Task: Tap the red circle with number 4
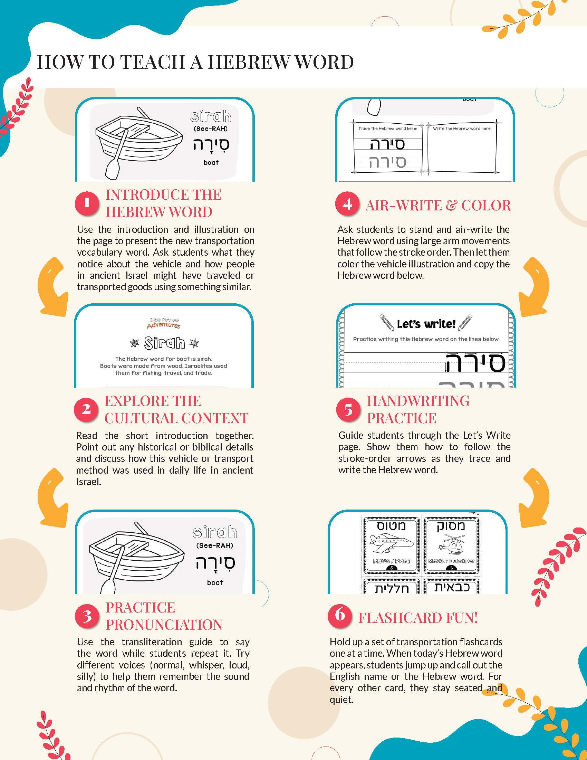coord(347,203)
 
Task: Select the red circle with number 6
coord(339,615)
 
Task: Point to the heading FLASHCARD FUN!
coord(418,618)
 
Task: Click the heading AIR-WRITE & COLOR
coord(438,206)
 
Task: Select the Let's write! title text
coord(426,324)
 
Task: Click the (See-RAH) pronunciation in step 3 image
coord(214,545)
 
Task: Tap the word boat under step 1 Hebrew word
coord(211,162)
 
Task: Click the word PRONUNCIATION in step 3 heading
coord(164,625)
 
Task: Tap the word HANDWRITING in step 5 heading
coord(418,401)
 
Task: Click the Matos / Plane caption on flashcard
coord(391,561)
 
